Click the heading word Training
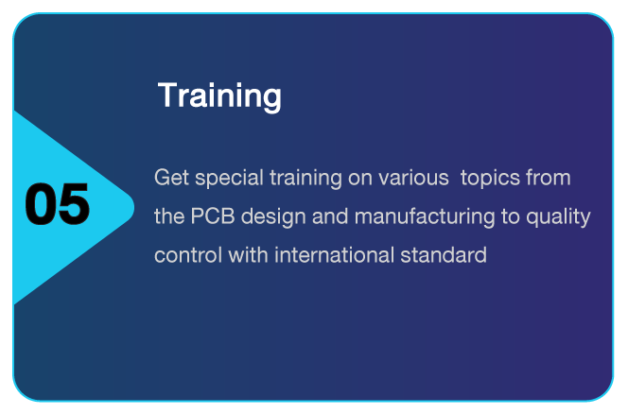219,96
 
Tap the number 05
58,204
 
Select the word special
229,179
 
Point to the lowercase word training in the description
305,179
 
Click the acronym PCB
213,216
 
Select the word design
273,217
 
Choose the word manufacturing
425,217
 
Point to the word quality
558,217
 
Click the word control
188,255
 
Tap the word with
248,255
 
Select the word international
334,255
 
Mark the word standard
444,255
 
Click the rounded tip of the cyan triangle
133,207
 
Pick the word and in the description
330,216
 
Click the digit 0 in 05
41,204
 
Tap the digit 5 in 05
75,204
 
